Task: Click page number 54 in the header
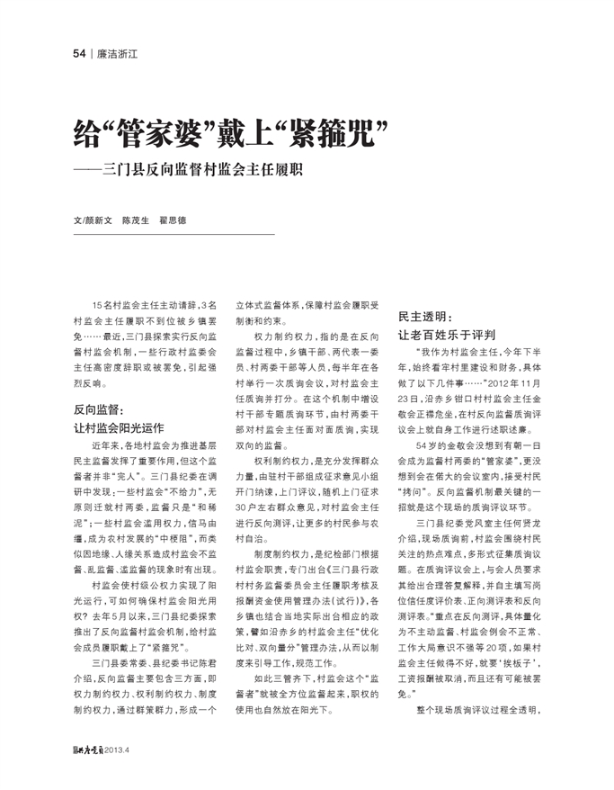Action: [79, 54]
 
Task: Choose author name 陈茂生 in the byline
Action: [136, 220]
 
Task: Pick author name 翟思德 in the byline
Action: [173, 220]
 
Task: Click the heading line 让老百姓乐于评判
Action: [448, 334]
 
